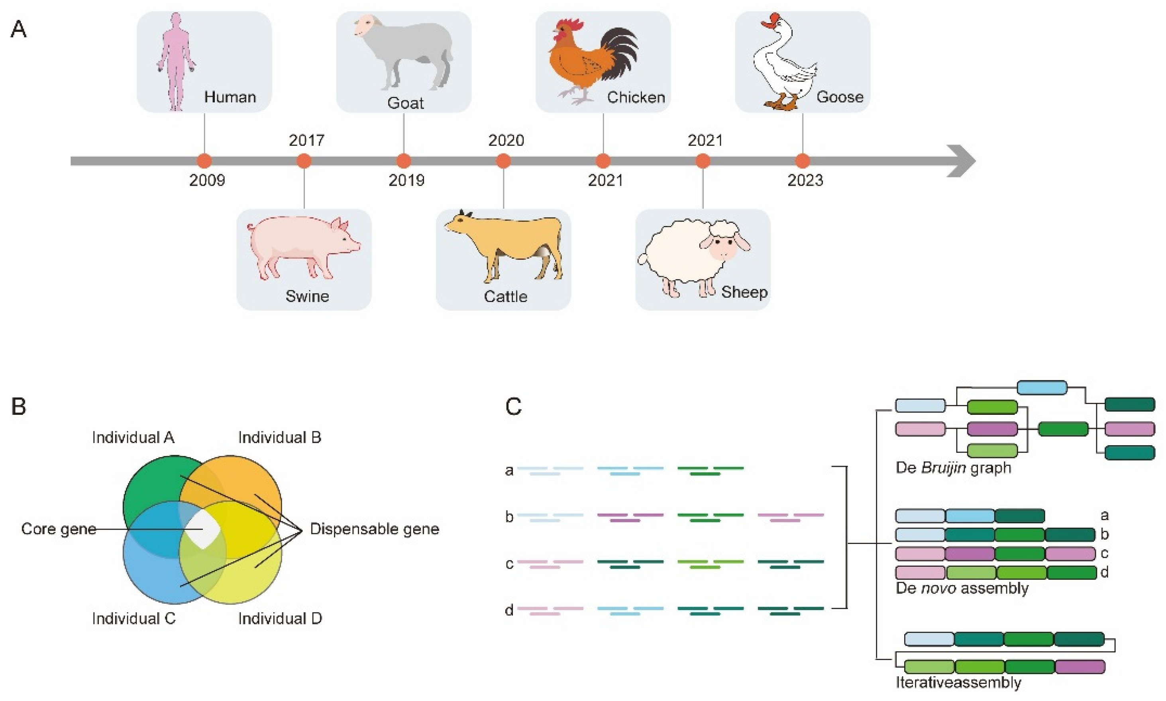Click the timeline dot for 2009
(204, 161)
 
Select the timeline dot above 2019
(403, 161)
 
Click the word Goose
(840, 97)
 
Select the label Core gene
(59, 528)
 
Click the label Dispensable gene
(374, 528)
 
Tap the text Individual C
(133, 619)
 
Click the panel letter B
(18, 406)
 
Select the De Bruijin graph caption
(953, 467)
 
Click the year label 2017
(306, 140)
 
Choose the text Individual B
(280, 438)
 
